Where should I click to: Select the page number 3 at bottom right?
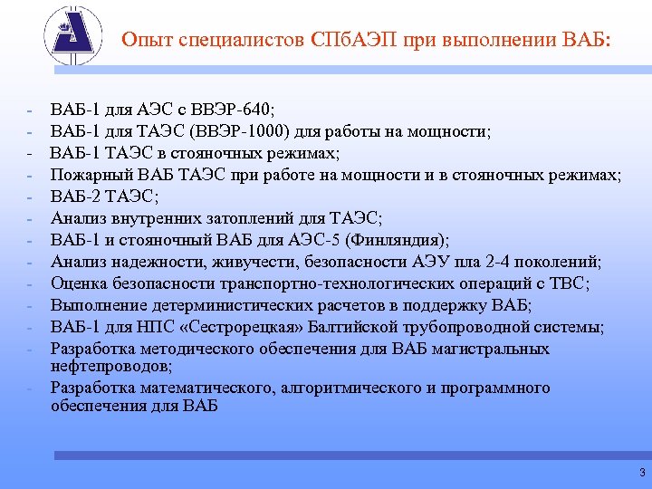[x=641, y=473]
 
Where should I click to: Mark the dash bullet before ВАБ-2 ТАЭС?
[x=30, y=197]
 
